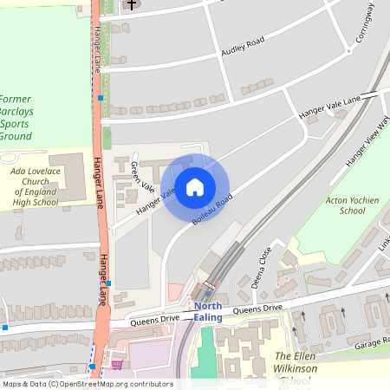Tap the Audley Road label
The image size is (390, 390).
coord(243,47)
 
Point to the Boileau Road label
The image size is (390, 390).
coord(212,211)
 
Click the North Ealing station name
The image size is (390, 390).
coord(208,312)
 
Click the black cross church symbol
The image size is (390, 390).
coord(132,5)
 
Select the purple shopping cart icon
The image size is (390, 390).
coord(117,364)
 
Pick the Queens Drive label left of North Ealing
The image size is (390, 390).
coord(157,320)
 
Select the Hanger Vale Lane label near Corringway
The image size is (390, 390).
coord(328,107)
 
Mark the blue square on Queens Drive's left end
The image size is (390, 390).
coord(5,328)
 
